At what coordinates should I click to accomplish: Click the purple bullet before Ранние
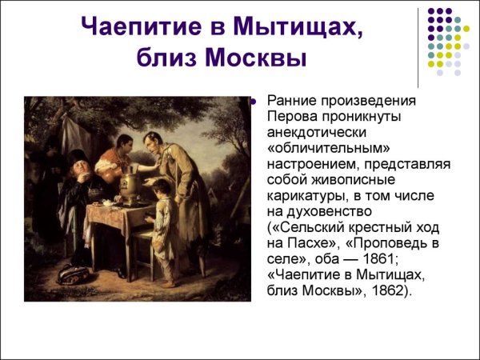pyautogui.click(x=253, y=102)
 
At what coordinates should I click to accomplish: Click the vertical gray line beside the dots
pyautogui.click(x=418, y=44)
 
